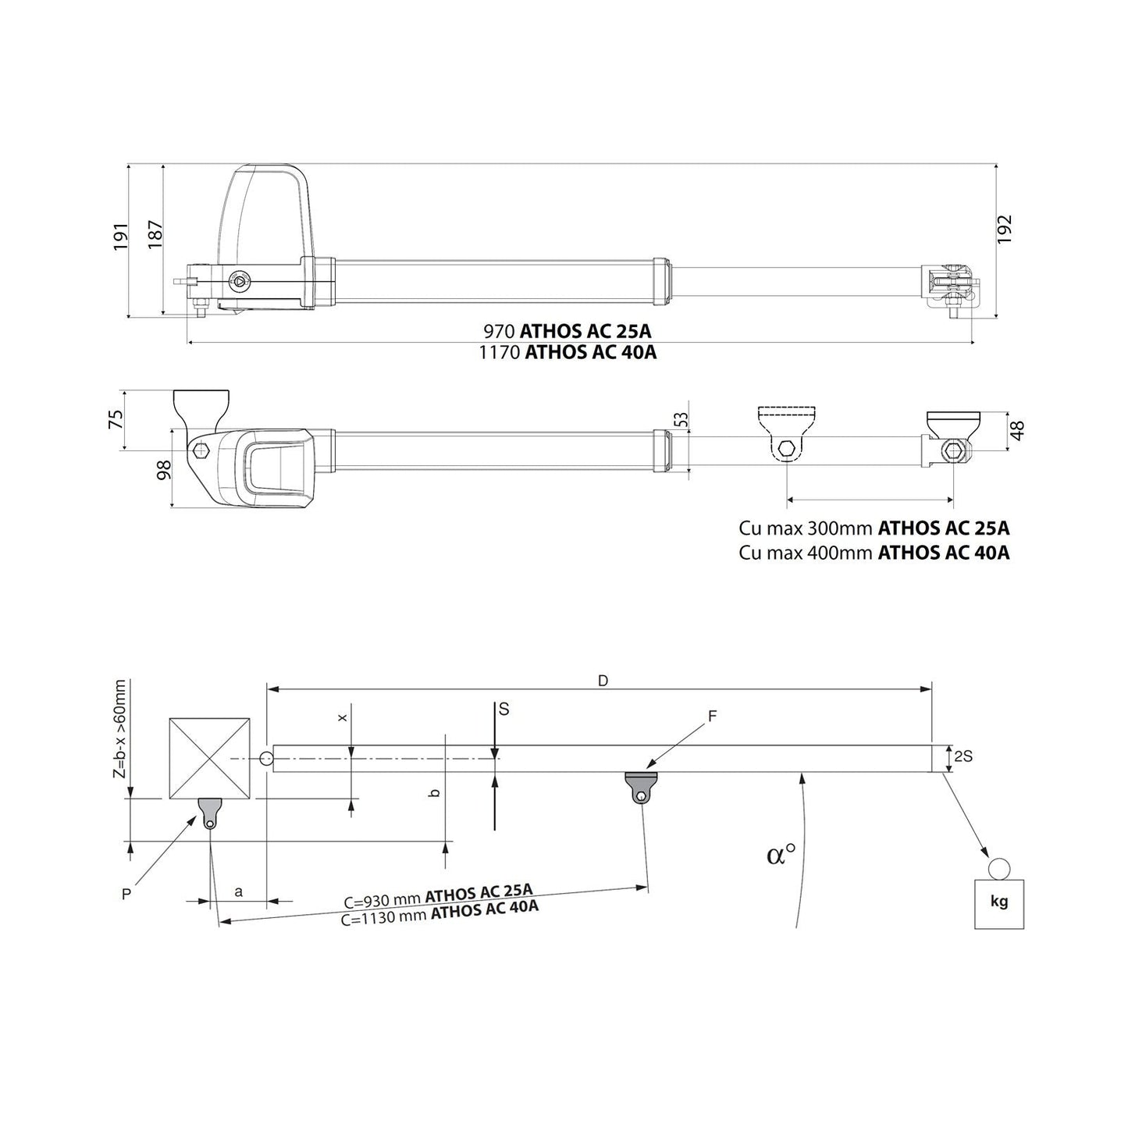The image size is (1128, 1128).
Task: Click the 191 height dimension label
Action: [120, 237]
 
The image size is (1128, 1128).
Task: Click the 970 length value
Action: [500, 330]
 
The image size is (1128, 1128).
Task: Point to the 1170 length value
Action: [500, 352]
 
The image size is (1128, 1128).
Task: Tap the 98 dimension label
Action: [164, 470]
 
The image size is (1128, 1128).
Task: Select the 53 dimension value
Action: [681, 419]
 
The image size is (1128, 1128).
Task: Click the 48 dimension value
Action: [1017, 430]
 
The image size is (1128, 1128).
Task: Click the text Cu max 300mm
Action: [806, 528]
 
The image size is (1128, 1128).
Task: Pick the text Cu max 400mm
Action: [806, 553]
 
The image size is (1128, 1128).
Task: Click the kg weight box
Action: [998, 903]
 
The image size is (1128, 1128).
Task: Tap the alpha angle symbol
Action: [780, 855]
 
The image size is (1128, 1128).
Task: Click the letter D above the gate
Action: [602, 681]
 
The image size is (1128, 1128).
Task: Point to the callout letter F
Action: [711, 716]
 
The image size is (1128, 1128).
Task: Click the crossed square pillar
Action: [209, 758]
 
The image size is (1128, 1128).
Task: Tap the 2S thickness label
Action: [962, 756]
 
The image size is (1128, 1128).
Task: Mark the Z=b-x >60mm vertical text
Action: [119, 729]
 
